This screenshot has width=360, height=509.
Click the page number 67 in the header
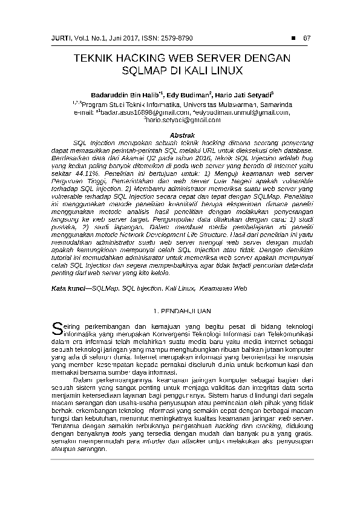point(306,39)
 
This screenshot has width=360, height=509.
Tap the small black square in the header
point(293,39)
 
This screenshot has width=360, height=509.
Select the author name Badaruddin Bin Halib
point(125,95)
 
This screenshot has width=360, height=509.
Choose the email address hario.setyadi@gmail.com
point(181,120)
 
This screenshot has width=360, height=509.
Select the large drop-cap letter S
point(56,328)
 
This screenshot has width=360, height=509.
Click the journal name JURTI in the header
point(61,39)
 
